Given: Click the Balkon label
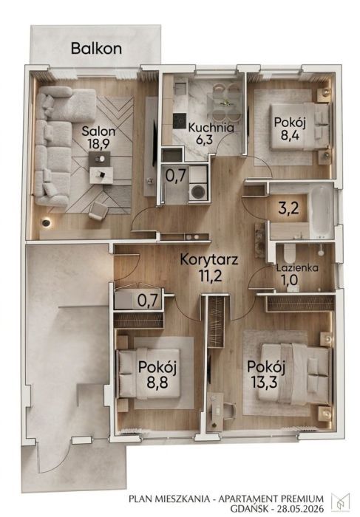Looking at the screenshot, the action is click(x=96, y=49).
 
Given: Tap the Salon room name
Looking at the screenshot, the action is click(x=98, y=131).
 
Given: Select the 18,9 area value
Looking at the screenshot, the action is click(x=98, y=144).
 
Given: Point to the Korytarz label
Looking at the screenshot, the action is click(x=209, y=260).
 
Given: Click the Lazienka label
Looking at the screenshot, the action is click(x=297, y=267).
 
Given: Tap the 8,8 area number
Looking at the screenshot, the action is click(x=157, y=383).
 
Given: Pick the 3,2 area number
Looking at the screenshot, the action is click(x=289, y=208).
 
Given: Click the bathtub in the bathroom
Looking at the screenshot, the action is click(x=322, y=213).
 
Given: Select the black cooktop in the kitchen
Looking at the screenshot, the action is click(x=179, y=121).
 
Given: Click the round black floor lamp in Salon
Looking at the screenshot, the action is click(x=46, y=223).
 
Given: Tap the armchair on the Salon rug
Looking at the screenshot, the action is click(x=98, y=210).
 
